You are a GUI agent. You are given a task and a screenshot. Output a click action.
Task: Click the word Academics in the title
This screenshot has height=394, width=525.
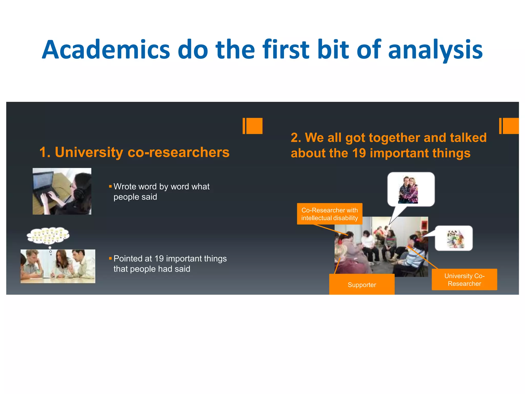click(x=106, y=50)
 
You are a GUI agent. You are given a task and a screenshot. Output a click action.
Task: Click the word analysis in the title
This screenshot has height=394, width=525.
click(x=435, y=50)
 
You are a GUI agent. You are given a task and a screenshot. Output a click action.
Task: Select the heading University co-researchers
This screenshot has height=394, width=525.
click(x=134, y=152)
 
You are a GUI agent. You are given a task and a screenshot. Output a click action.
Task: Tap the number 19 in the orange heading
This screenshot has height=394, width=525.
click(x=359, y=153)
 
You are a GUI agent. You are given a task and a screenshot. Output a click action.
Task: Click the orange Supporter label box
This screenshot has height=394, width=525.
click(x=362, y=284)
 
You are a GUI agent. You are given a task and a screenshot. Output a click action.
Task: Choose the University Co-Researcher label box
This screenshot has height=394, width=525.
click(x=464, y=280)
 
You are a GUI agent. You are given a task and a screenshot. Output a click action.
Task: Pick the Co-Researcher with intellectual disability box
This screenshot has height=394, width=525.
click(x=329, y=214)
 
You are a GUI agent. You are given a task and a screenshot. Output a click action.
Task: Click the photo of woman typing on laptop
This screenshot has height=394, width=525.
click(x=62, y=191)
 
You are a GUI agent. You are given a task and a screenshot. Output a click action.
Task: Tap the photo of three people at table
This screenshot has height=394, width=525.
click(x=58, y=266)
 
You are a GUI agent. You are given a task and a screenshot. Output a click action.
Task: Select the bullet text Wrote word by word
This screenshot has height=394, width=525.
click(x=161, y=192)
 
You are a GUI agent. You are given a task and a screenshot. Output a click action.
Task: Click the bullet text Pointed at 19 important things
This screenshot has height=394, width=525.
click(x=170, y=264)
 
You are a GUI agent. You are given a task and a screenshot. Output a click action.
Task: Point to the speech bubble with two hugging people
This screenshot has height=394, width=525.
click(x=411, y=189)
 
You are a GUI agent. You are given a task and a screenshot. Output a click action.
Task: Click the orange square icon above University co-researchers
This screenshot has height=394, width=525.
click(x=253, y=126)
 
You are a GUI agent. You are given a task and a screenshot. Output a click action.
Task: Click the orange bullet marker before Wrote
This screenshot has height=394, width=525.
click(x=110, y=186)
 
